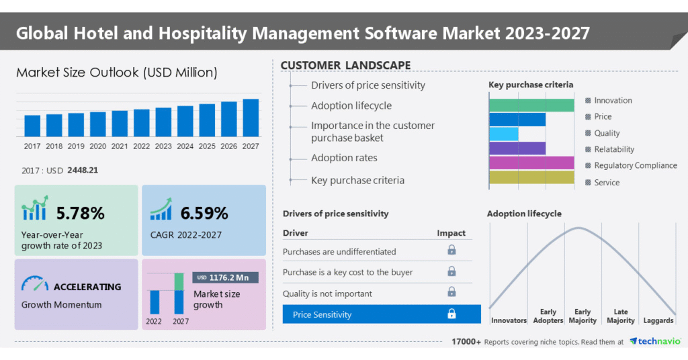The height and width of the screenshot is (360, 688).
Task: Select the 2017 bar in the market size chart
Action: (32, 126)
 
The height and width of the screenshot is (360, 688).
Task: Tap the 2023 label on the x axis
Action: (163, 146)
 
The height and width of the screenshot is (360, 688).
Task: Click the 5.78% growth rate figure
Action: (80, 214)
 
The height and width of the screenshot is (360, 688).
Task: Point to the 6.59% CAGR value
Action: (204, 214)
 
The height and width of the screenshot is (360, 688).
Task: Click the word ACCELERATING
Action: (87, 287)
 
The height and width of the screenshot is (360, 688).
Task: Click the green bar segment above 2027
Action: (179, 281)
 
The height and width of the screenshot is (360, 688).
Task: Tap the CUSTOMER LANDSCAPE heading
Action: (345, 65)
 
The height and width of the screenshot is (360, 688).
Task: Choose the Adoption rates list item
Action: (344, 158)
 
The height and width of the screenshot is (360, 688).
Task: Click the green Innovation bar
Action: (531, 105)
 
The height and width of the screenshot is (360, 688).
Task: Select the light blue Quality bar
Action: (504, 134)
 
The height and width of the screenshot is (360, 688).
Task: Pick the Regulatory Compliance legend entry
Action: (635, 165)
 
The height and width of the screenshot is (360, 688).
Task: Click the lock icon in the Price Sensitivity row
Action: (451, 314)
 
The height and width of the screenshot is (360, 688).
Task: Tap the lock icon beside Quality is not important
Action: (451, 292)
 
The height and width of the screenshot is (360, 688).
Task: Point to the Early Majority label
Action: (583, 316)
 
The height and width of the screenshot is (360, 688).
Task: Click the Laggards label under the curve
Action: (658, 320)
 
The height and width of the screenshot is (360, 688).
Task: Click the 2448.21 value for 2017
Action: (83, 170)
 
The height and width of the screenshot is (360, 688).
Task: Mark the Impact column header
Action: (451, 233)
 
